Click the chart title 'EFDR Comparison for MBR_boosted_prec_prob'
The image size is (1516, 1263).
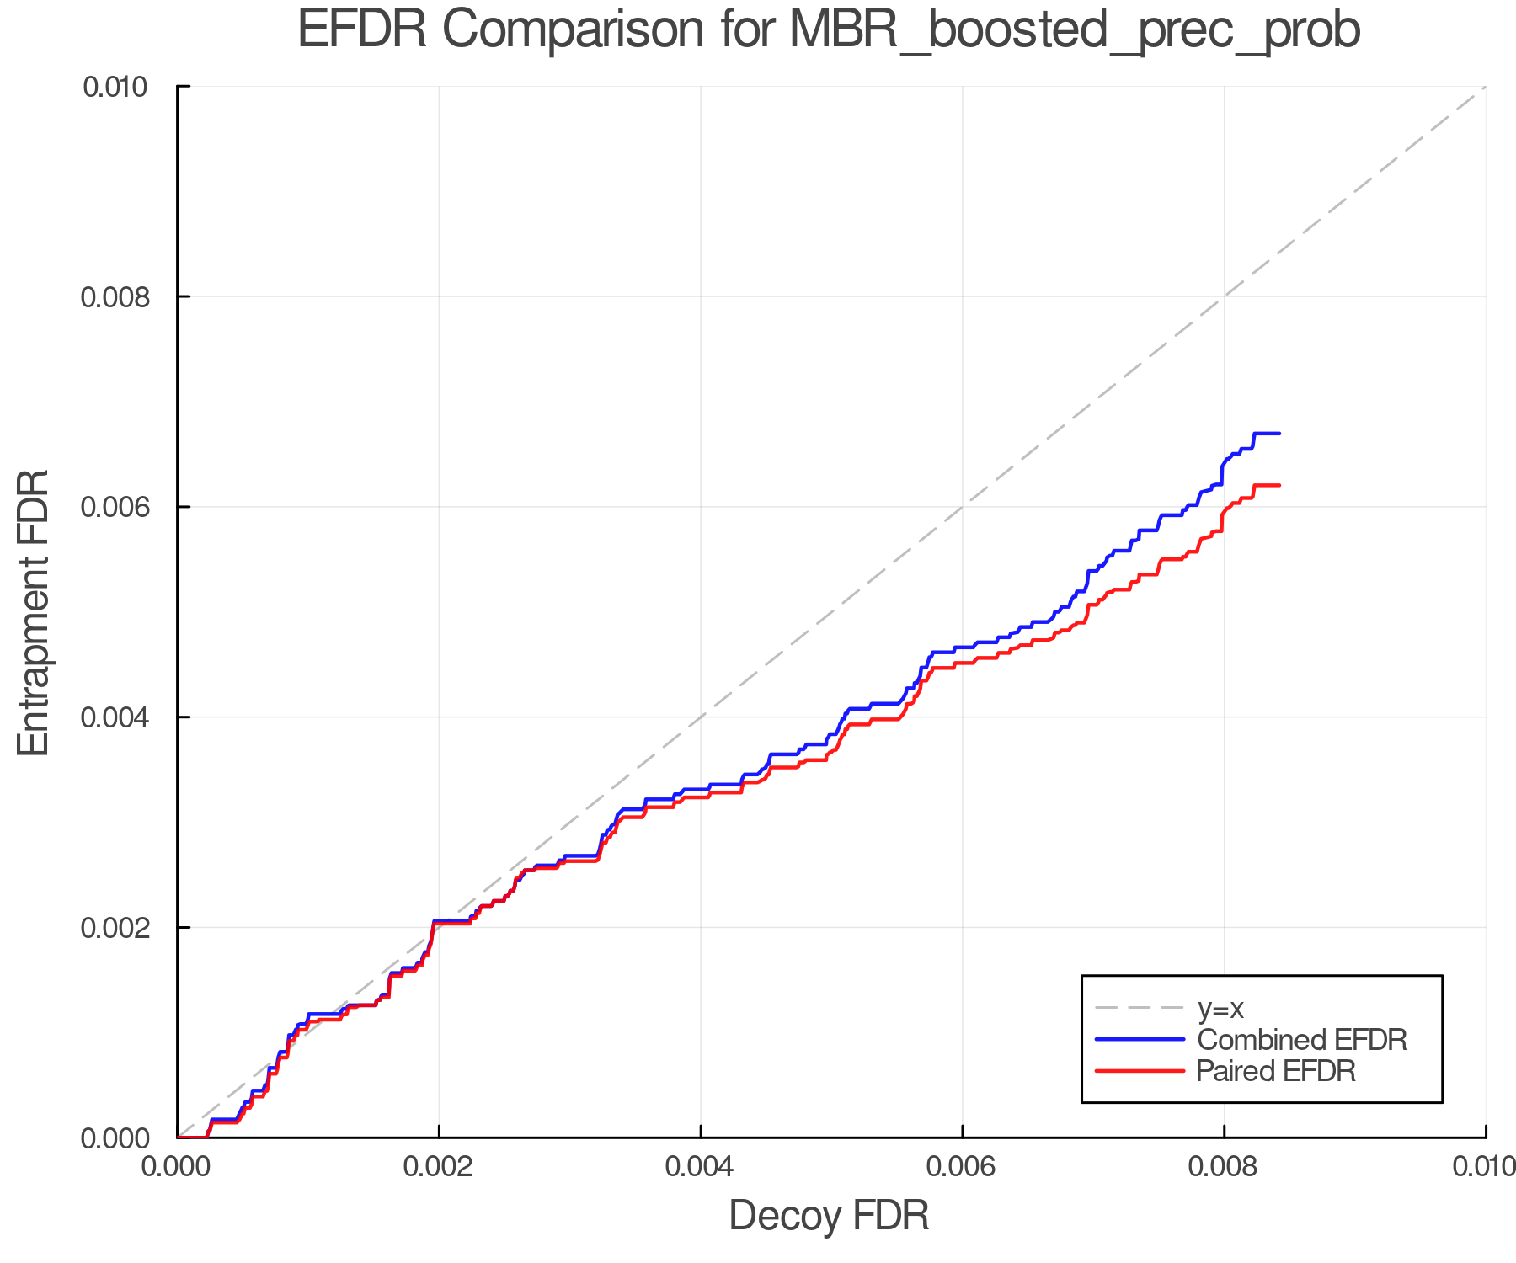tap(829, 30)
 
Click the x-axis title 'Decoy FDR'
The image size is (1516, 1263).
tap(829, 1215)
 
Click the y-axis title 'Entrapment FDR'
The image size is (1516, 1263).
tap(34, 612)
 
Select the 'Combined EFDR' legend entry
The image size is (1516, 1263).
tap(1301, 1040)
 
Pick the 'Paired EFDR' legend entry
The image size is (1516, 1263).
tap(1276, 1071)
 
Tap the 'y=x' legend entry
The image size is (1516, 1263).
tap(1220, 1008)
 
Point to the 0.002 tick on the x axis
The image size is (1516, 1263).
tap(439, 1166)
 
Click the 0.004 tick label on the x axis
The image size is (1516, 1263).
tap(701, 1166)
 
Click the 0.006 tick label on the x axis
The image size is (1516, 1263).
tap(962, 1166)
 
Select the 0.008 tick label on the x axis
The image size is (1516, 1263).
tap(1224, 1166)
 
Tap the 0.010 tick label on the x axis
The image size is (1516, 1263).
tap(1484, 1166)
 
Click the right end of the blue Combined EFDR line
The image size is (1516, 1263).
tap(1279, 434)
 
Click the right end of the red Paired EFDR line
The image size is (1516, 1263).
tap(1279, 485)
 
